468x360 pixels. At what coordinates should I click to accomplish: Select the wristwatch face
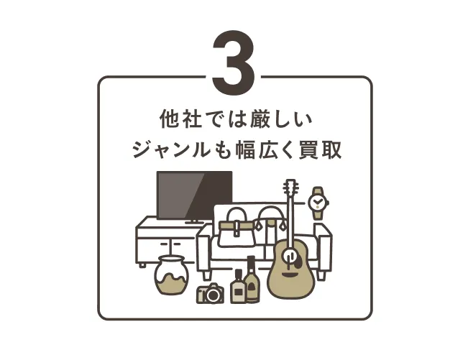317,203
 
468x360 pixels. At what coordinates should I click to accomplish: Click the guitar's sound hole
290,257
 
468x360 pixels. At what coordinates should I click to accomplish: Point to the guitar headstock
290,189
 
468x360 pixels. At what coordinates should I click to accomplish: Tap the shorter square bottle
238,287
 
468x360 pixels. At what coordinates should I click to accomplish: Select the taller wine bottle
252,280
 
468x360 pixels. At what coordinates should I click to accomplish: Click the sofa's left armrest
205,251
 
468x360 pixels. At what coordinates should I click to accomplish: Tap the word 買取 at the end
323,151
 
